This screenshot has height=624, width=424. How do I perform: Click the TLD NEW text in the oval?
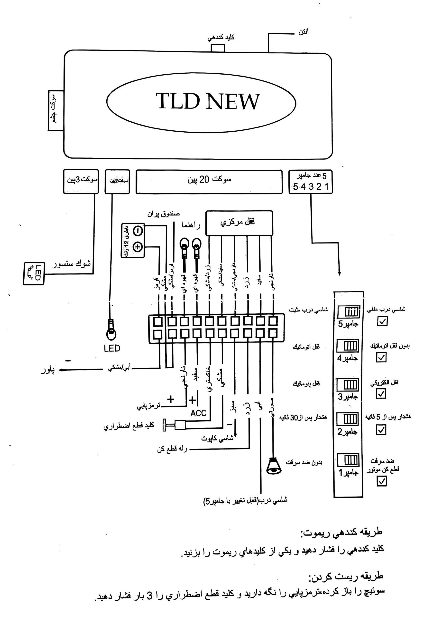pyautogui.click(x=207, y=101)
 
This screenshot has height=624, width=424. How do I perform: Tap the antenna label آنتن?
pyautogui.click(x=303, y=32)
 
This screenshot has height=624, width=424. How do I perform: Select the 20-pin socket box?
pyautogui.click(x=209, y=182)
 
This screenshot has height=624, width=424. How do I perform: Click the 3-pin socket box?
pyautogui.click(x=81, y=181)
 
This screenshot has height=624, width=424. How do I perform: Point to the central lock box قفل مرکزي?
pyautogui.click(x=239, y=223)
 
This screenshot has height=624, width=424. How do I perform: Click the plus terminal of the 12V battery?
pyautogui.click(x=138, y=246)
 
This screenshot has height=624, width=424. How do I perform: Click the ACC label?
pyautogui.click(x=198, y=413)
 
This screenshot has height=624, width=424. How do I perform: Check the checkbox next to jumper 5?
pyautogui.click(x=382, y=321)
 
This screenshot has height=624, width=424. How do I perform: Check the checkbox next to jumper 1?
pyautogui.click(x=381, y=481)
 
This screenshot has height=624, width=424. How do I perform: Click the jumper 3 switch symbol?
pyautogui.click(x=348, y=385)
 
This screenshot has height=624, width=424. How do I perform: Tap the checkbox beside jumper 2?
pyautogui.click(x=381, y=430)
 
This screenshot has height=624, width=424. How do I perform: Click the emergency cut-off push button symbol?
pyautogui.click(x=174, y=425)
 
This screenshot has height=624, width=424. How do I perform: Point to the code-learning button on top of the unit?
pyautogui.click(x=218, y=48)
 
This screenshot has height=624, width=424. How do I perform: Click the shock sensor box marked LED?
pyautogui.click(x=34, y=273)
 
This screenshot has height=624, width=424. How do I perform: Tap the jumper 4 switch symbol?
pyautogui.click(x=348, y=346)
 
